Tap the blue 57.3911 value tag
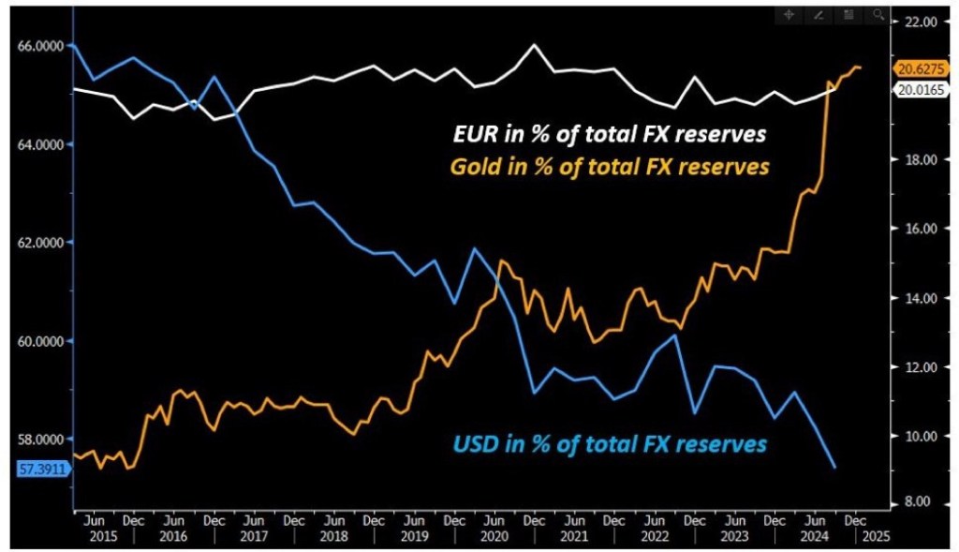pos(42,469)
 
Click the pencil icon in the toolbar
pos(819,15)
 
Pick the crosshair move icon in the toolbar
pos(789,15)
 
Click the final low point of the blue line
pos(834,467)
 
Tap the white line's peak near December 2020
pos(534,44)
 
